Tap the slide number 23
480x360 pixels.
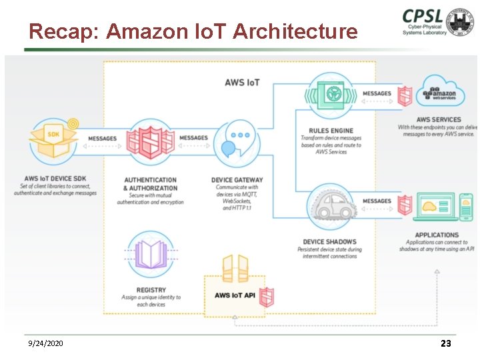446,343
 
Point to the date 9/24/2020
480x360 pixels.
46,343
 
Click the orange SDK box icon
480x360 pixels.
53,138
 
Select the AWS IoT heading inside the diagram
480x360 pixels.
242,83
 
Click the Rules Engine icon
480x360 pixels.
331,96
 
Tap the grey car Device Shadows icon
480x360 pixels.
331,205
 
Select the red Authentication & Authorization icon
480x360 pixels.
151,141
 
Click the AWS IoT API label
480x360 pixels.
235,295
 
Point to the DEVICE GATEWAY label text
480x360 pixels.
237,180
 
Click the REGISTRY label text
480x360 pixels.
151,290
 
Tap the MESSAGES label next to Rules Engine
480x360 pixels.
377,93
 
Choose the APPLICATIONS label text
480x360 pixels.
437,235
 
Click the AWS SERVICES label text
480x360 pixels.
439,120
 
